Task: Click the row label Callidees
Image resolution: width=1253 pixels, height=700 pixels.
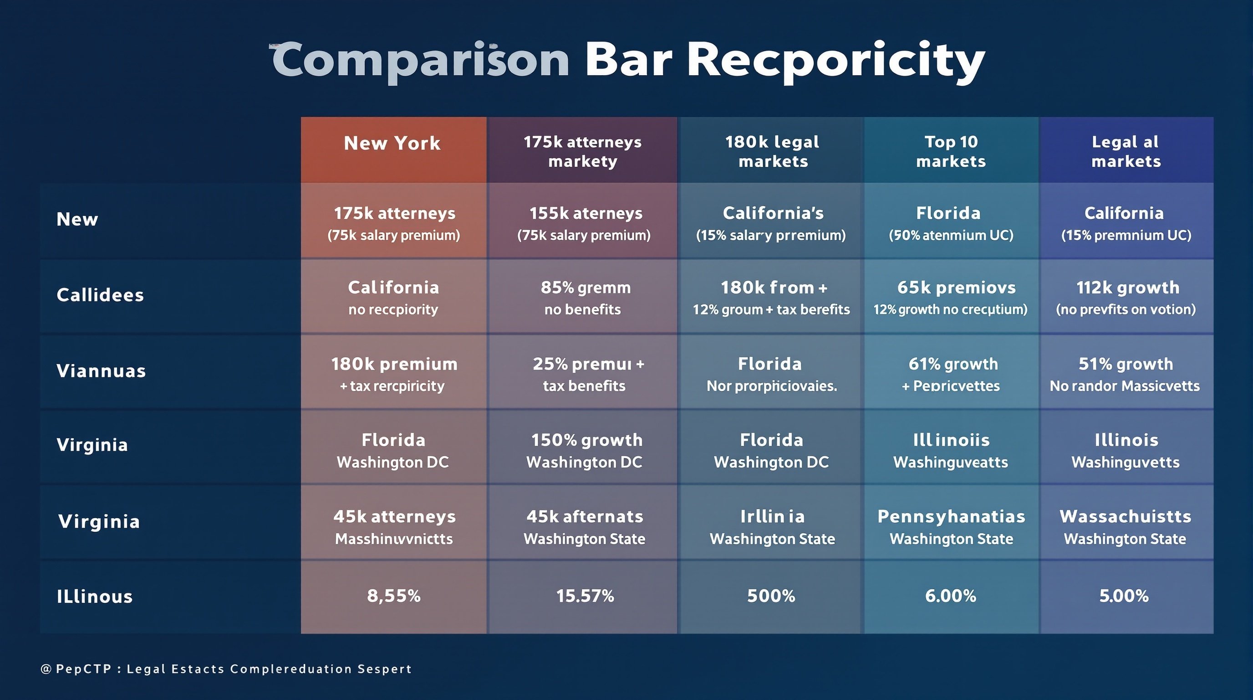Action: (100, 295)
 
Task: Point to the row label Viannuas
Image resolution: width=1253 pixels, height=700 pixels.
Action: (101, 371)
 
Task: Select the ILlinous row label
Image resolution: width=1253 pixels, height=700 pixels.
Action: (94, 596)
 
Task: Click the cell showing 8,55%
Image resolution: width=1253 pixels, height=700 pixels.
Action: (393, 596)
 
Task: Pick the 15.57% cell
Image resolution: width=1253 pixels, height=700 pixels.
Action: (585, 596)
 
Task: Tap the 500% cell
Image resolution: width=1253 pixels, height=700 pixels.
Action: (771, 596)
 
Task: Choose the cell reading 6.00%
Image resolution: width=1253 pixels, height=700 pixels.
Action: (951, 596)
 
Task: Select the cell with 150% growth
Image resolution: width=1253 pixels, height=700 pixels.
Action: (585, 450)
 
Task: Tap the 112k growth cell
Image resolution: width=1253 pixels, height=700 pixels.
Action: (1126, 298)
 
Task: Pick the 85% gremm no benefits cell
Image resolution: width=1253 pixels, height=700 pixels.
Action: (584, 298)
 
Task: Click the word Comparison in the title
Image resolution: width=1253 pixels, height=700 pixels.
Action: (420, 60)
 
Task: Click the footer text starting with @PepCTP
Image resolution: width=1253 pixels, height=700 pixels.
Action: (226, 669)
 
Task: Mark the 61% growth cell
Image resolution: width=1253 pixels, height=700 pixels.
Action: (952, 374)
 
